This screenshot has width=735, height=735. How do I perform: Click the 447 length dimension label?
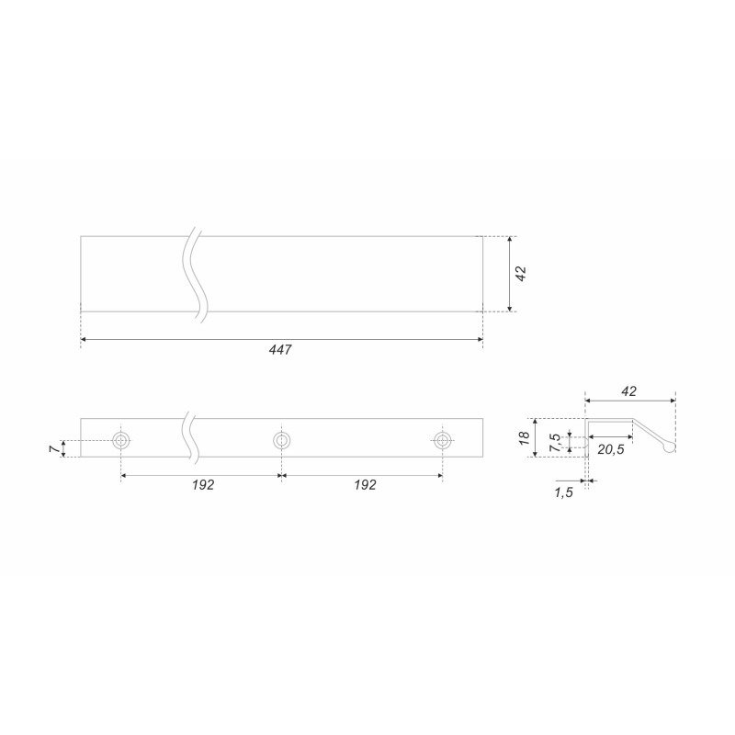(280, 350)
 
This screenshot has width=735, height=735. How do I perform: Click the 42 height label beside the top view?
(521, 274)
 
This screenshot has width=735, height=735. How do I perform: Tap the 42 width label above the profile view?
(629, 391)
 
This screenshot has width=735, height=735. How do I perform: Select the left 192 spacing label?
(203, 485)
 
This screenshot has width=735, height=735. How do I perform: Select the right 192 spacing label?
(365, 485)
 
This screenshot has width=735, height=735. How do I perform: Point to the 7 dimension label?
(55, 449)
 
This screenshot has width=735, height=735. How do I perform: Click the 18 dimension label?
(524, 438)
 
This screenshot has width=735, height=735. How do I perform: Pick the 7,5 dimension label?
(555, 443)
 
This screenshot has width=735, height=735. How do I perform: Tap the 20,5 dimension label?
(611, 449)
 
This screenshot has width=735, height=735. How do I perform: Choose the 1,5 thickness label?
(563, 492)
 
